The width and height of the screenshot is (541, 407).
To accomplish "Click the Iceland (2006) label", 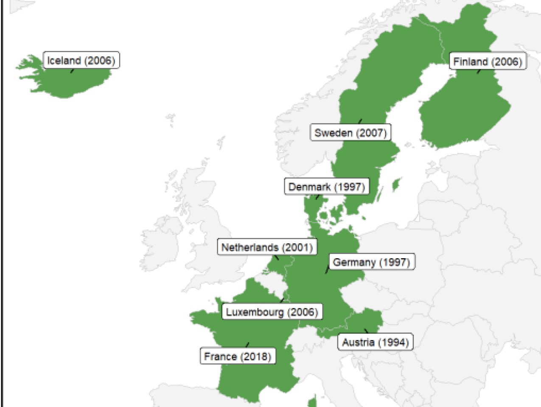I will (81, 60).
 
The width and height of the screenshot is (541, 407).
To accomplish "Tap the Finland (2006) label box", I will (488, 61).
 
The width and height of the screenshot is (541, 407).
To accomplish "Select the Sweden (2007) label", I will (350, 133).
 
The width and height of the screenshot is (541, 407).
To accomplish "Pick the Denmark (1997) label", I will (326, 187).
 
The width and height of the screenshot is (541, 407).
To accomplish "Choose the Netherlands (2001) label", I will (267, 247).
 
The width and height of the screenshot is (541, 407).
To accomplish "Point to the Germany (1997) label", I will (372, 262).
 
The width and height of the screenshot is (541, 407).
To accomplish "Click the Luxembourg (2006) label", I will (272, 312).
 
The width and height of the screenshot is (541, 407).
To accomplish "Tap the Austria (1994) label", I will (375, 342).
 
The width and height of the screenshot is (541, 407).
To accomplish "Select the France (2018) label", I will (238, 356).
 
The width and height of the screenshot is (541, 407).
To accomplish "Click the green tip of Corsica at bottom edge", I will (313, 401).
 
